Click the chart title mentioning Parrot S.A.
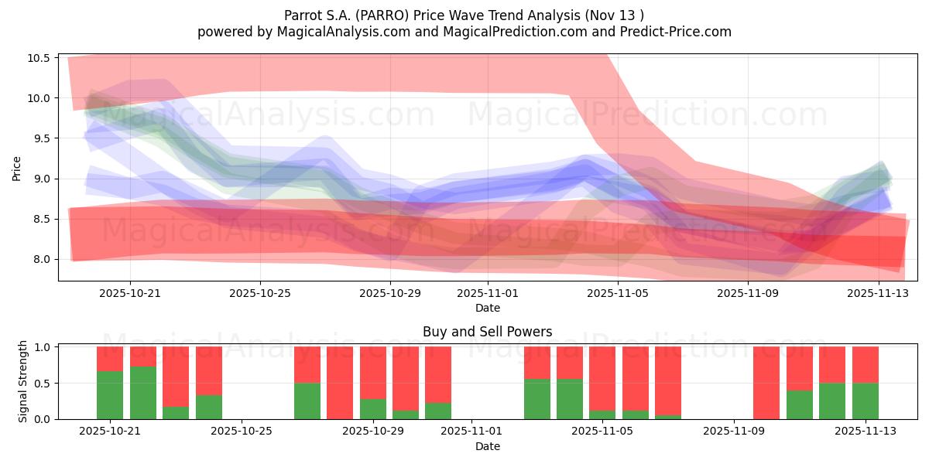click(x=464, y=15)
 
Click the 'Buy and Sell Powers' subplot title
click(x=487, y=332)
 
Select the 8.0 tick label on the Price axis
click(x=42, y=259)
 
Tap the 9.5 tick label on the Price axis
click(x=42, y=138)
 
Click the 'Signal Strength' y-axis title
click(x=23, y=381)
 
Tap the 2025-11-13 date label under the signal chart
click(x=865, y=432)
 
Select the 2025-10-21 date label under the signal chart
click(x=110, y=432)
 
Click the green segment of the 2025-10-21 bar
click(x=110, y=395)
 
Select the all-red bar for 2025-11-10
click(x=766, y=383)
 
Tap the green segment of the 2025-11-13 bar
click(x=865, y=401)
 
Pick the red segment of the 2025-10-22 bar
click(x=143, y=357)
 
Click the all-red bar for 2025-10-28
click(x=340, y=383)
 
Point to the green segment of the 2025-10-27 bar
click(x=307, y=401)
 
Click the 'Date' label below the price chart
click(x=487, y=308)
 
